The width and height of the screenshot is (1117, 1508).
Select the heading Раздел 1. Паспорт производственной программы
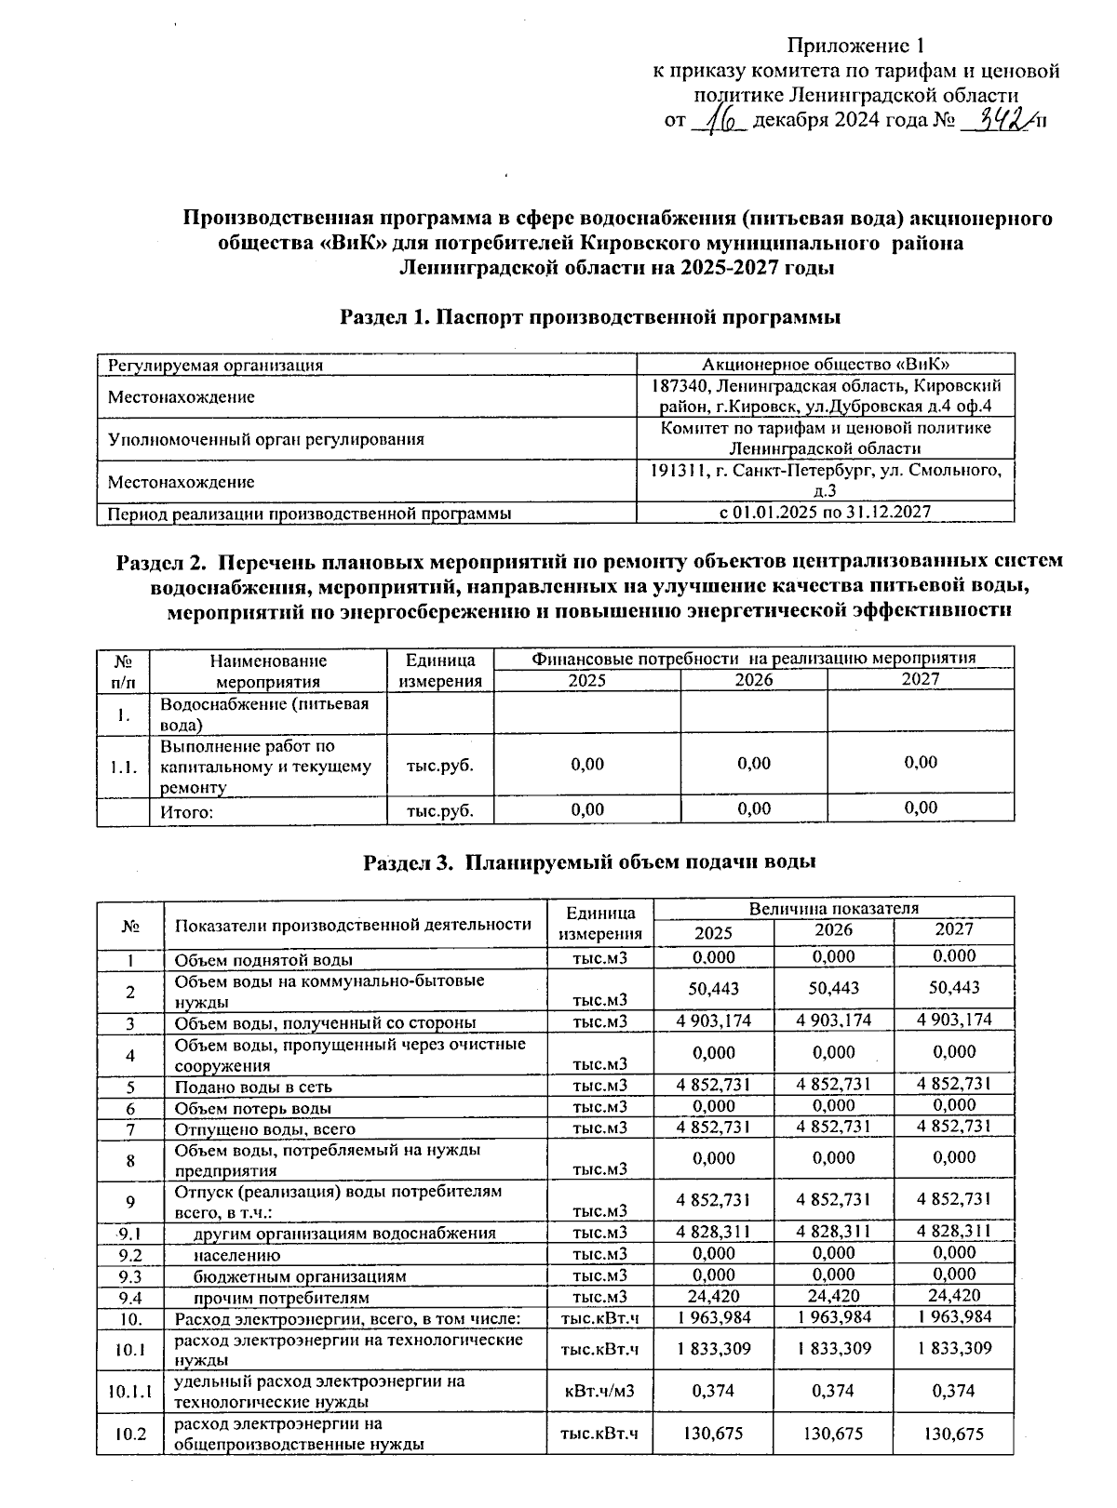(590, 317)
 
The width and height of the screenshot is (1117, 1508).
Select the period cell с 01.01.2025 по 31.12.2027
(825, 512)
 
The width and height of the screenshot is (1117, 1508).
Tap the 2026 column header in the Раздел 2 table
(753, 680)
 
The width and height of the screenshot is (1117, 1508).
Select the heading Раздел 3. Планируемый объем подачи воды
(589, 861)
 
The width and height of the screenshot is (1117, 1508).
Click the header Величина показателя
(833, 908)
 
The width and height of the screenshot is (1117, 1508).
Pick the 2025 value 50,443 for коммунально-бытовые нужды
(713, 988)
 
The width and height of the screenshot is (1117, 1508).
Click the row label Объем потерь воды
(253, 1108)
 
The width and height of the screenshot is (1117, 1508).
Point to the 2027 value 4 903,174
(953, 1020)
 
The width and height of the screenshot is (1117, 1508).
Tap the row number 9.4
(130, 1297)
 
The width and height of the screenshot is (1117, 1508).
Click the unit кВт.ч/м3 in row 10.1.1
(599, 1391)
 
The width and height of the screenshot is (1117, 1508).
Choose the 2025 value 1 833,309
(713, 1348)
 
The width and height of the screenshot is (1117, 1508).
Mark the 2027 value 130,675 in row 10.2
(953, 1434)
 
